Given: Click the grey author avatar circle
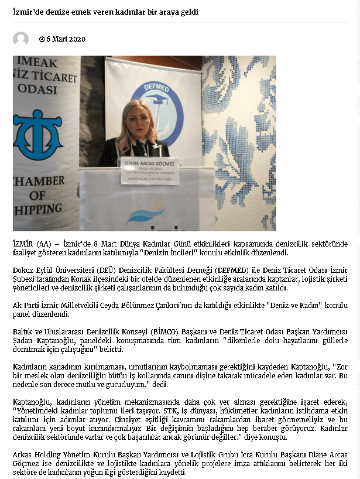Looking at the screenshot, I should (x=20, y=39).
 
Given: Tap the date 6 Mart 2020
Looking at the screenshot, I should (x=66, y=39).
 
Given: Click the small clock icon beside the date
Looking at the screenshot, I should (x=42, y=39).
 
